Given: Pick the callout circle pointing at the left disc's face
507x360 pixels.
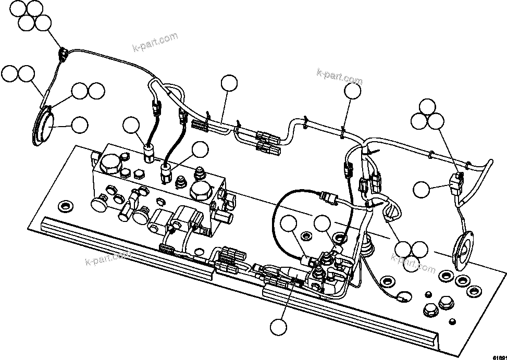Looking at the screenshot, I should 79,125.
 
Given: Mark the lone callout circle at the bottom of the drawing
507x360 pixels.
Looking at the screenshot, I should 278,327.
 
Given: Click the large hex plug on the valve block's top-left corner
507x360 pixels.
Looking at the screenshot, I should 111,165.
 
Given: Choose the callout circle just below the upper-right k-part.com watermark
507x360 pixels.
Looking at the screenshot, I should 353,92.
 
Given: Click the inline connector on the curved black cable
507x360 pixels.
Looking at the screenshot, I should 327,197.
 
